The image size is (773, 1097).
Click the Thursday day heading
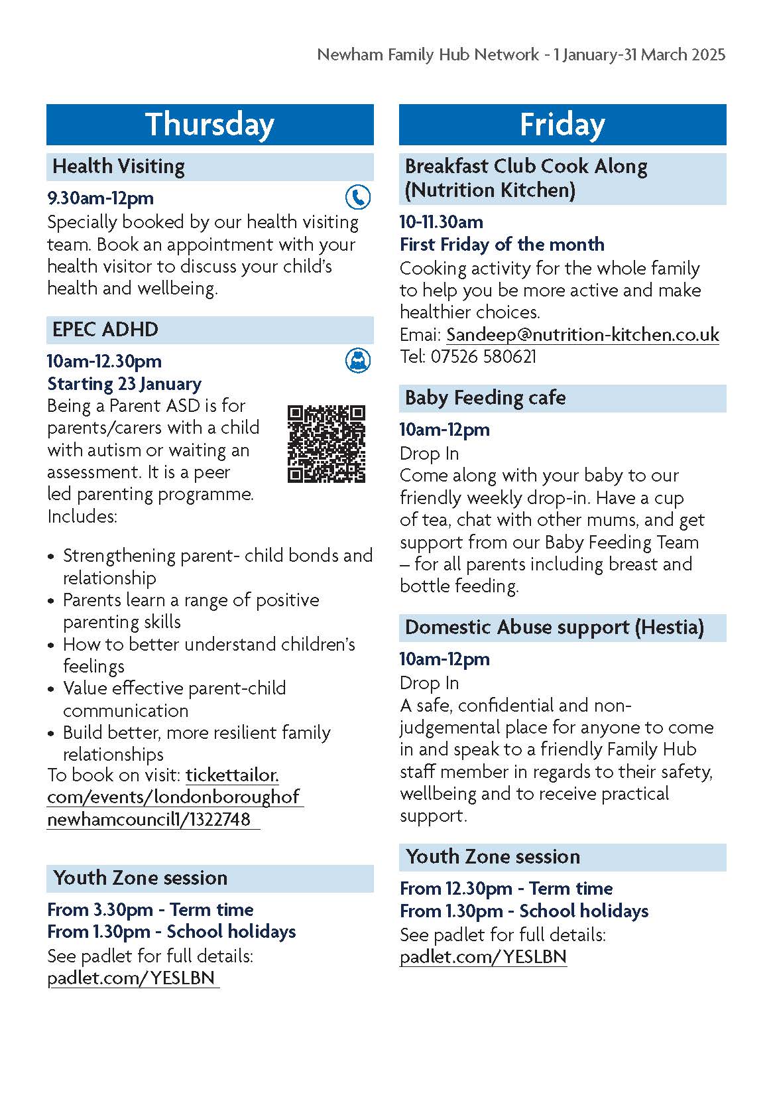coord(209,125)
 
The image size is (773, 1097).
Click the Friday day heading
coord(562,125)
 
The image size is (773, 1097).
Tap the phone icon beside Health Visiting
coord(358,197)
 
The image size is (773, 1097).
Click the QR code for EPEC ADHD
coord(326,444)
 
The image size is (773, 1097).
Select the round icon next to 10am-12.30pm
coord(358,361)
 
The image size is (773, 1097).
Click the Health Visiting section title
coord(119,166)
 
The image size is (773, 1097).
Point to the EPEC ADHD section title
coord(105,330)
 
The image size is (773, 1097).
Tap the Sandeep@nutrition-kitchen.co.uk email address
coord(582,334)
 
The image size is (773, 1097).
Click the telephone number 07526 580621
coord(483,357)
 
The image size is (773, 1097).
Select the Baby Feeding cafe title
coord(485,398)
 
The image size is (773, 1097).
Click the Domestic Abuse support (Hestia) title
coord(554,627)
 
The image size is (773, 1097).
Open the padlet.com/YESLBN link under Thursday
coord(132,978)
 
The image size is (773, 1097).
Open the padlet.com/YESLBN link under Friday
coord(483,957)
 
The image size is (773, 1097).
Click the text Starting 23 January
coord(125,384)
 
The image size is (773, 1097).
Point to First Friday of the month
coord(502,245)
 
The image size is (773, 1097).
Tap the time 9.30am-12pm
coord(101,198)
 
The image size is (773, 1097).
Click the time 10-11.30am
coord(442,222)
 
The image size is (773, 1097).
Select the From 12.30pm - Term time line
coord(506,889)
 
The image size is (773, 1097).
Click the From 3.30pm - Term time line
coord(150,910)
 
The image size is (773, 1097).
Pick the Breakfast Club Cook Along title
coord(526,166)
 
